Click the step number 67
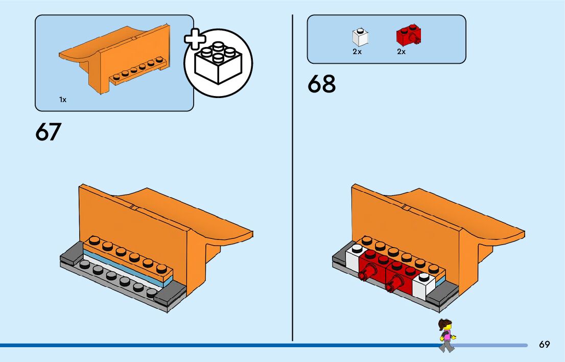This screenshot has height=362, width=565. tap(49, 132)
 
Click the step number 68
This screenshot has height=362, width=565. tap(322, 84)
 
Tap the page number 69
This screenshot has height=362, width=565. tap(544, 345)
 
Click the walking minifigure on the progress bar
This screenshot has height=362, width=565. tap(446, 335)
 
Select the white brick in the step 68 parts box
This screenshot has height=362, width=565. tap(360, 37)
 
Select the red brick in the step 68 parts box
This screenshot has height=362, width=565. tap(407, 36)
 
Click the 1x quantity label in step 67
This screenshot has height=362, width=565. tap(63, 100)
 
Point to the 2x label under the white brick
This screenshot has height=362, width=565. tap(357, 52)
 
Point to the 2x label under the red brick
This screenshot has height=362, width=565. tap(402, 52)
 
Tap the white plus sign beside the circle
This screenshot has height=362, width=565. tap(195, 43)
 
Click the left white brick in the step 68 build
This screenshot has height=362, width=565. tap(354, 258)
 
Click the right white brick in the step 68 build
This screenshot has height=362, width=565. tap(423, 285)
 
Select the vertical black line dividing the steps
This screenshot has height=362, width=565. tap(292, 179)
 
